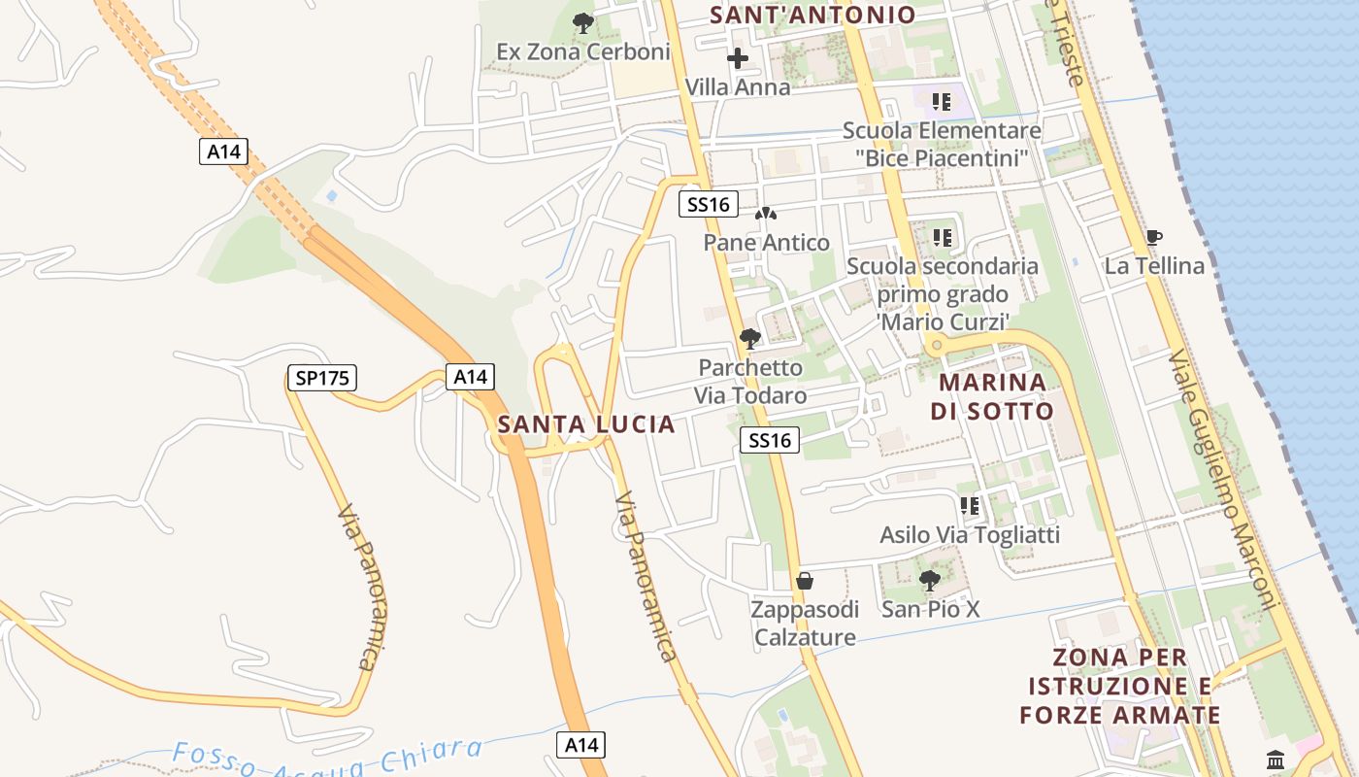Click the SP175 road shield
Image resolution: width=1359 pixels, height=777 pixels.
tap(322, 378)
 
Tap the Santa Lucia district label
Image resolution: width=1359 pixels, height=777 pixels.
tap(586, 424)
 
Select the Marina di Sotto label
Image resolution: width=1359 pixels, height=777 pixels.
tap(992, 396)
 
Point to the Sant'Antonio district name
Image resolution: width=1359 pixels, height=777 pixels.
tap(812, 15)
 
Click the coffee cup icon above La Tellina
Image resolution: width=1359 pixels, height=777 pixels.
tap(1153, 237)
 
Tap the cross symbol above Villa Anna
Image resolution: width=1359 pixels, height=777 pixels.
tap(738, 58)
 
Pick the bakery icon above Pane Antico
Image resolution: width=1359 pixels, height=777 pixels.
tap(766, 214)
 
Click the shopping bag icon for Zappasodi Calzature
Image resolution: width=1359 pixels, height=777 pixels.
tap(804, 581)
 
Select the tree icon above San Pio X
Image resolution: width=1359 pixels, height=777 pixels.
tap(929, 581)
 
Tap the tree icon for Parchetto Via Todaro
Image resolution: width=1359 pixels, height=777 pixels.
tap(749, 339)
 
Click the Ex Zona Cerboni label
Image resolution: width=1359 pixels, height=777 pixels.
tap(583, 51)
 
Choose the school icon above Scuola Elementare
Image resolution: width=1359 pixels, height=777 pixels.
tap(941, 101)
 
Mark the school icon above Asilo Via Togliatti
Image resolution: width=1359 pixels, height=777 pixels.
tap(969, 506)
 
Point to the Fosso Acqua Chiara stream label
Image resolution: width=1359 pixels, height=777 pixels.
tap(327, 758)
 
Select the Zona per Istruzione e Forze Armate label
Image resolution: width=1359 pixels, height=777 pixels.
tap(1119, 687)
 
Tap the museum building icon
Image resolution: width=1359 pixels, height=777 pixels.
tap(1276, 760)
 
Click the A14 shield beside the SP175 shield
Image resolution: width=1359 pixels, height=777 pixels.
tap(471, 377)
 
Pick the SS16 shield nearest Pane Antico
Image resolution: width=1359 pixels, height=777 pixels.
tap(708, 204)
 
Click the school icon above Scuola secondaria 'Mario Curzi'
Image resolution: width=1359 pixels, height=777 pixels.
tap(942, 237)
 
